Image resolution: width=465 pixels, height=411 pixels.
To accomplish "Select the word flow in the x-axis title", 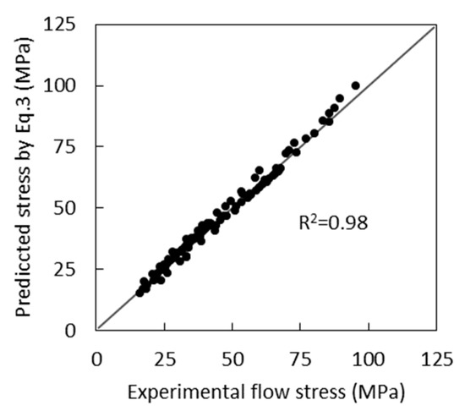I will coord(263,392).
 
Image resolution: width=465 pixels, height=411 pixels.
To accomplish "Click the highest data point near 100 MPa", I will coord(355,85).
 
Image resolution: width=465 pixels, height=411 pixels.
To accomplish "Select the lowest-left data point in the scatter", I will coord(139,292).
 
